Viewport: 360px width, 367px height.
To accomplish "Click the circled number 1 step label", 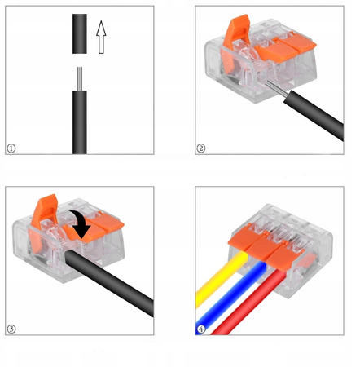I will coord(11,148).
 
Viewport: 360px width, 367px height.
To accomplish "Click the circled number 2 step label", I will coord(200,148).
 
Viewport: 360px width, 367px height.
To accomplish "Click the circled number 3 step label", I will coord(11,329).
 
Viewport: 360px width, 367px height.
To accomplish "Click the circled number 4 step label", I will coord(200,329).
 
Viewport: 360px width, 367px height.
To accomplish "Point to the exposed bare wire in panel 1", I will coord(80,77).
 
